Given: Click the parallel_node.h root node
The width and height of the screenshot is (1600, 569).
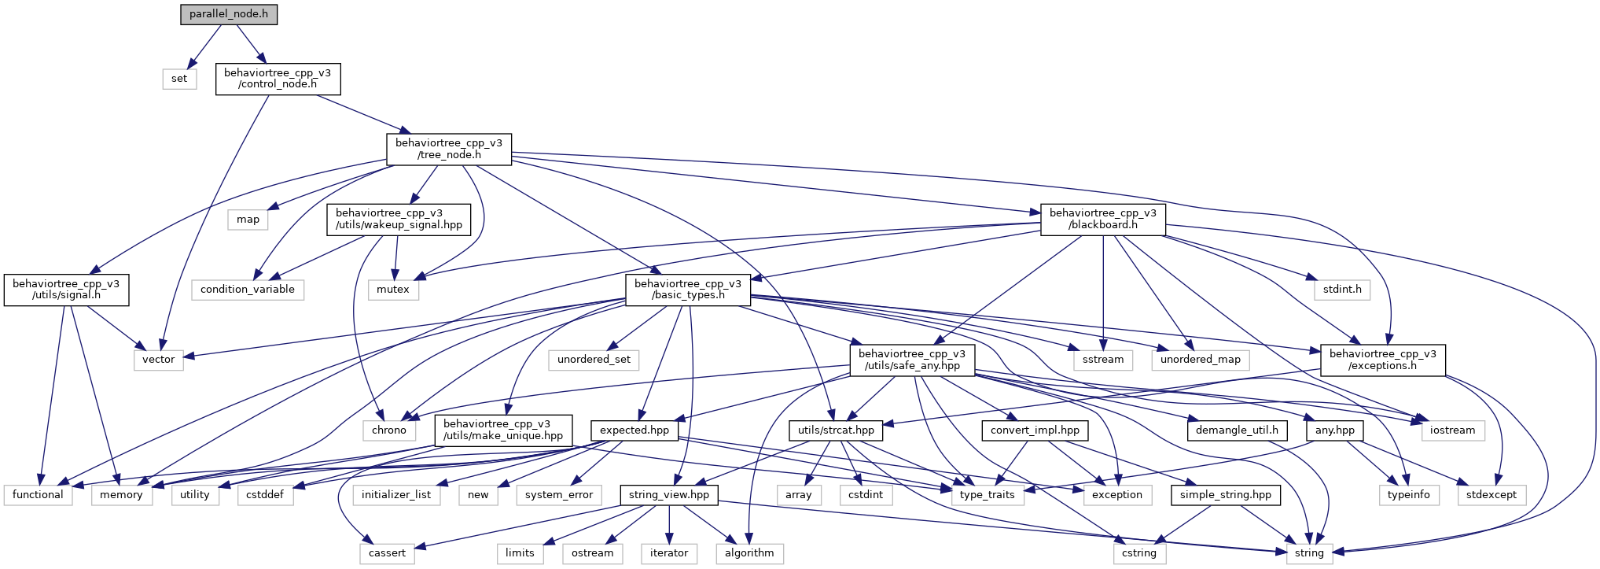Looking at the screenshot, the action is click(229, 14).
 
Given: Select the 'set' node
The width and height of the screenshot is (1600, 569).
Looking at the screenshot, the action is click(179, 79).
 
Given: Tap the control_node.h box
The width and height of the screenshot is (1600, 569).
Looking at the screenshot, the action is click(278, 79).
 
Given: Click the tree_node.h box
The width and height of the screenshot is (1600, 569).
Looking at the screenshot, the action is click(449, 149).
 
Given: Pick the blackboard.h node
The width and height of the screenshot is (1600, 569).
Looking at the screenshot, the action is click(1103, 219).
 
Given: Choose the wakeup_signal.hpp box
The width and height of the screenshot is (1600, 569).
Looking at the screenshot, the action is click(399, 219).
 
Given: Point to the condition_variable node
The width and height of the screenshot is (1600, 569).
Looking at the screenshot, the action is click(248, 290).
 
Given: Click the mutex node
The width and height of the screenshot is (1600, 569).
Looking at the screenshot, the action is click(393, 290).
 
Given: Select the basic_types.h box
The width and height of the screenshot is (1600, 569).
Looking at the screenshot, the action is click(688, 290).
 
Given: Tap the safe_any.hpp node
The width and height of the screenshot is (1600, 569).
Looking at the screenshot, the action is click(912, 360).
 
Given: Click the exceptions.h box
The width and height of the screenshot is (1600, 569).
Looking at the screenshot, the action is click(1383, 360).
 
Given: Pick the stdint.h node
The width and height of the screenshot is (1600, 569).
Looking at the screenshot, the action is click(1342, 290).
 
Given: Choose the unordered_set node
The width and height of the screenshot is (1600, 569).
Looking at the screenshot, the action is click(594, 360).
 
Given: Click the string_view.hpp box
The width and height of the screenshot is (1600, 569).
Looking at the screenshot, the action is click(669, 495).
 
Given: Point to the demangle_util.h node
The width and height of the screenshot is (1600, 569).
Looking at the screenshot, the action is click(1237, 430).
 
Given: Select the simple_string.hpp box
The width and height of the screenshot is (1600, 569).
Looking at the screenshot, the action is click(1226, 495).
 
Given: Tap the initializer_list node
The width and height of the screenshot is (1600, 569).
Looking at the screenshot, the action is click(396, 495).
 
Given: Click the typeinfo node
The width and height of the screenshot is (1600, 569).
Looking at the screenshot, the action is click(1409, 495).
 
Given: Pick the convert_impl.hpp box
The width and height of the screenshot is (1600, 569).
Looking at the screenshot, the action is click(1035, 430).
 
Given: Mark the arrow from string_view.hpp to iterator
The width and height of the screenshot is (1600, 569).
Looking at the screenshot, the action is click(669, 524).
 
